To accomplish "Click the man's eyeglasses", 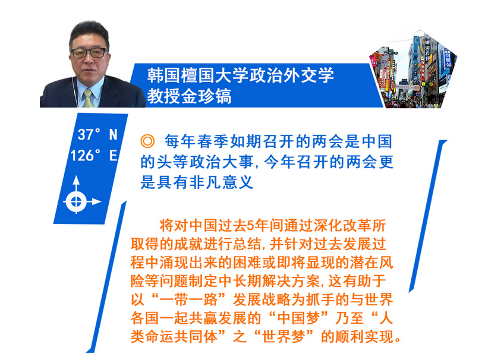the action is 89,53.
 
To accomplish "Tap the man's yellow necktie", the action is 89,98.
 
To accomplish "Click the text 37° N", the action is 97,135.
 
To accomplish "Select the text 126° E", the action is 94,155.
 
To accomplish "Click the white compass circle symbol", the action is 76,201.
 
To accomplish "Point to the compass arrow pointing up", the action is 76,184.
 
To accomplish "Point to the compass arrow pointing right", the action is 93,201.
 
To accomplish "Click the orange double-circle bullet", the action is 147,141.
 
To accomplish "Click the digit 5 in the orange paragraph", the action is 250,226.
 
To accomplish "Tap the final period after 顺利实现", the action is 398,340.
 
